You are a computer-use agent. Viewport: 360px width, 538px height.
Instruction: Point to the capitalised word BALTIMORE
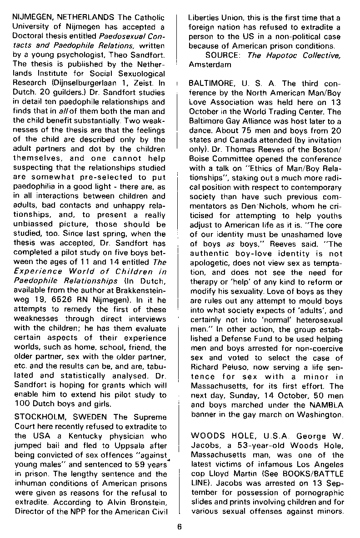(x=210, y=84)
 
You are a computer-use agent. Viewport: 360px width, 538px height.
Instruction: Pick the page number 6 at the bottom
(x=180, y=527)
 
